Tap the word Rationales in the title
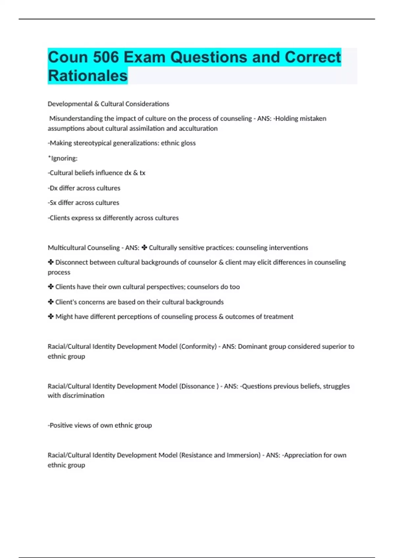pos(88,76)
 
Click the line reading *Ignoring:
pos(63,158)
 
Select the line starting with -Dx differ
pos(84,188)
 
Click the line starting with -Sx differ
pos(83,203)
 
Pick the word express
pos(83,218)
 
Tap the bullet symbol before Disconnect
pos(51,262)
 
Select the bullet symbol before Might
pos(51,317)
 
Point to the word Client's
pos(66,302)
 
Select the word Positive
pos(61,425)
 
